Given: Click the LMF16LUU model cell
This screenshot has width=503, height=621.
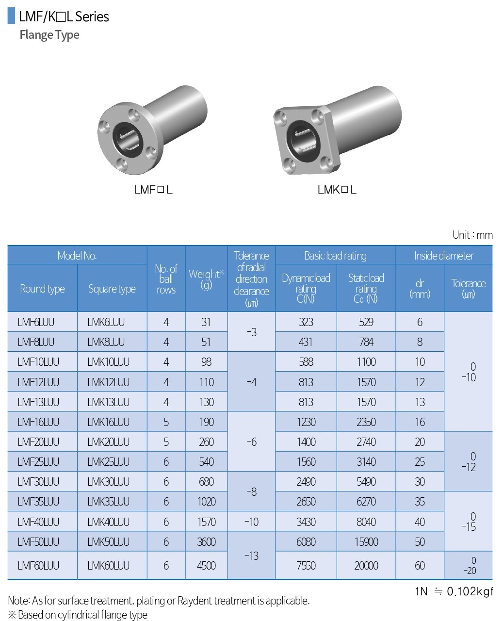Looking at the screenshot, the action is click(38, 422).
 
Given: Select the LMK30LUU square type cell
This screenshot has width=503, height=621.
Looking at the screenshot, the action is click(108, 482).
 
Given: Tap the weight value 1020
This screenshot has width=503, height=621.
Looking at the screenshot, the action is click(206, 502).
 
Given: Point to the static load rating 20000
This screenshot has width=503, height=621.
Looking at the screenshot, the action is click(366, 566).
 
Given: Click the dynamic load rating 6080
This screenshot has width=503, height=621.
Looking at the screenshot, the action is click(306, 542).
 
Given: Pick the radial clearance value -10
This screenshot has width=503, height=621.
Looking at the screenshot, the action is click(251, 522).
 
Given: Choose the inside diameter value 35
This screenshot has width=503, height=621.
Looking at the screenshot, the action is click(420, 502).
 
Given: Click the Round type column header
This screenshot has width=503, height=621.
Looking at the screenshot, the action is click(42, 289).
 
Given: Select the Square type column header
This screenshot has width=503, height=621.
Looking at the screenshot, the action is click(112, 289).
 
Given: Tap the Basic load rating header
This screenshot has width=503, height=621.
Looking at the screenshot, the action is click(335, 256).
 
